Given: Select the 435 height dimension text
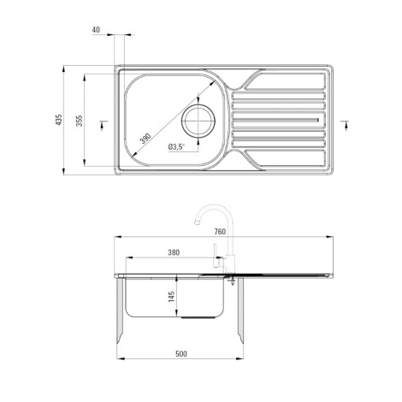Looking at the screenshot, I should pyautogui.click(x=59, y=120).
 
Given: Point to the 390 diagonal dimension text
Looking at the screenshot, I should pyautogui.click(x=145, y=138).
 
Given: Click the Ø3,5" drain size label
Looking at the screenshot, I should pyautogui.click(x=176, y=147).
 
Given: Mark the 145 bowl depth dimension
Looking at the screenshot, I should pyautogui.click(x=172, y=298).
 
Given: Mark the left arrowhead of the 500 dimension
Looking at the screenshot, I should pyautogui.click(x=121, y=359).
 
